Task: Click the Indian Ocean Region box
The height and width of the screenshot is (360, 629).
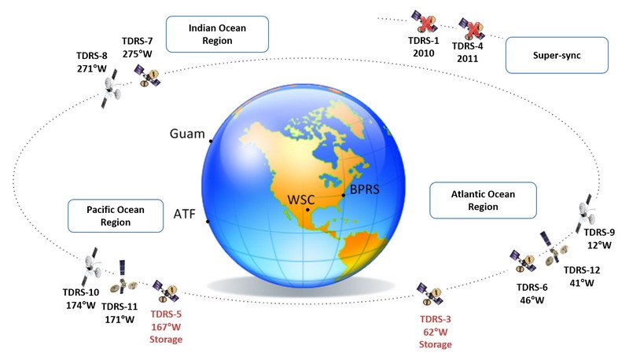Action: click(217, 34)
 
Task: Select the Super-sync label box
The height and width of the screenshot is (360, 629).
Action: click(557, 55)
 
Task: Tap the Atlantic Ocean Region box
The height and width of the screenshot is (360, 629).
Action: click(483, 200)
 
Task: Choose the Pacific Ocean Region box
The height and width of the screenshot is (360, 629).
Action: click(116, 215)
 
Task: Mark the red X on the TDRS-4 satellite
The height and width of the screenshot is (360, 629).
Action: click(475, 30)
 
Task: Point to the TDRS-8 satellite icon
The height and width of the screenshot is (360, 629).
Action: click(110, 89)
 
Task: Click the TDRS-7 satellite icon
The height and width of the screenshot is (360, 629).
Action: click(147, 75)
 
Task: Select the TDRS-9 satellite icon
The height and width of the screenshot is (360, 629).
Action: click(586, 213)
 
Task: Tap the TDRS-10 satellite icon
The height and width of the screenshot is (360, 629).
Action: click(92, 266)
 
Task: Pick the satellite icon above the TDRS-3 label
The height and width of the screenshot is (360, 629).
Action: click(429, 294)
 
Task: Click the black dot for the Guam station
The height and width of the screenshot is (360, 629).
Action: click(211, 141)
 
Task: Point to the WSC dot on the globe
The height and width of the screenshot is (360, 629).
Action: click(307, 210)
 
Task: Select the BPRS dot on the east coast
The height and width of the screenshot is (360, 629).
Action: click(344, 195)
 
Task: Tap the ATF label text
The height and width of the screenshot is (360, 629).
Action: click(185, 214)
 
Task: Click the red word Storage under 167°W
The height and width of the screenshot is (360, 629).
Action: click(166, 340)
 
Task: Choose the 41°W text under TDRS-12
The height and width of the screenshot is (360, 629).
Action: click(582, 283)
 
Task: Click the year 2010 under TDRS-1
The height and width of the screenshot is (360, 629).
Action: click(424, 53)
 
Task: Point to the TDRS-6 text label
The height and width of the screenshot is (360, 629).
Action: click(532, 288)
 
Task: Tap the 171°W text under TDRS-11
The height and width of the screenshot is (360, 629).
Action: click(120, 320)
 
